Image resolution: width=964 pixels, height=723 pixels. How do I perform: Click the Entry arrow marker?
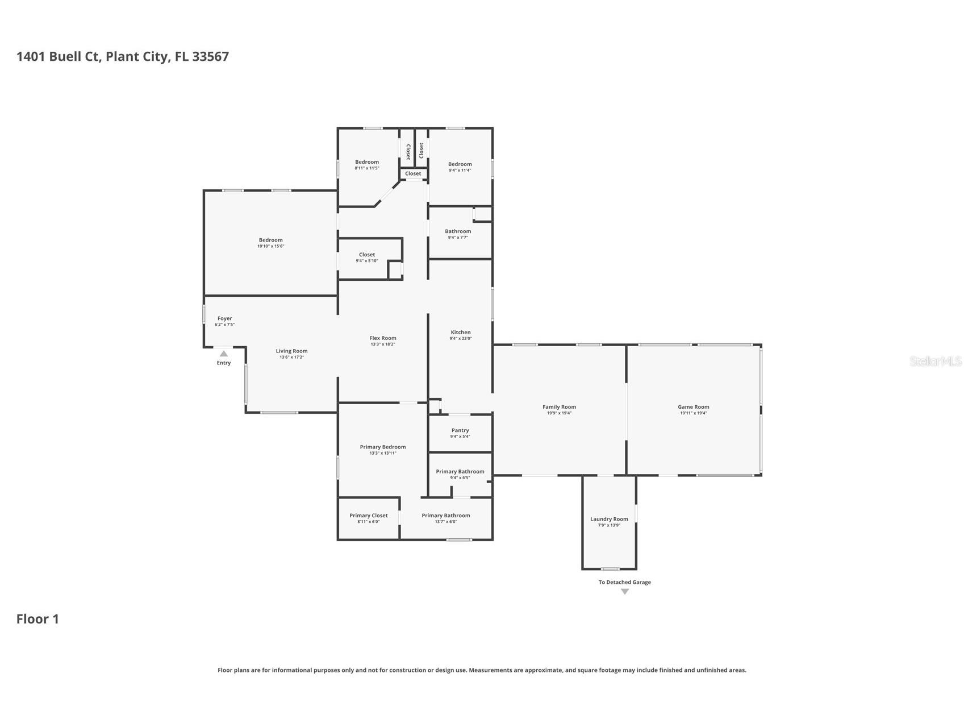(x=224, y=354)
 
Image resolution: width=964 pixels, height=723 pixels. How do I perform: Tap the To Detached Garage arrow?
(x=625, y=592)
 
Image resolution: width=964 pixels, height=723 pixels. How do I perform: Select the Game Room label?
(x=693, y=407)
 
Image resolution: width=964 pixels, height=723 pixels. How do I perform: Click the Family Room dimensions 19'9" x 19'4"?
(x=559, y=413)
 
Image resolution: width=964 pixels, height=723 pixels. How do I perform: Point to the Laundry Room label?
(x=609, y=519)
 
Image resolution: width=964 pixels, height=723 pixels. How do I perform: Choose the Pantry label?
(x=460, y=430)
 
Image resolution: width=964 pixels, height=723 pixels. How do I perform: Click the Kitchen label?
(x=461, y=332)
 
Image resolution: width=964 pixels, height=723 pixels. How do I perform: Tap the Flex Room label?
(x=383, y=338)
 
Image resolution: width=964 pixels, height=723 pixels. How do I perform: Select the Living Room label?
(x=291, y=351)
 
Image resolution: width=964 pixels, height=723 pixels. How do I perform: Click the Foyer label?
(x=224, y=318)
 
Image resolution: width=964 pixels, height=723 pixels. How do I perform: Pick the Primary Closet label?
(x=368, y=516)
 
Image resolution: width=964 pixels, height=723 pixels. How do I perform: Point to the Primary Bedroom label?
(x=383, y=447)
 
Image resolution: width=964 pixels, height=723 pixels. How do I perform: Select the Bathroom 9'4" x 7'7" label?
(x=458, y=231)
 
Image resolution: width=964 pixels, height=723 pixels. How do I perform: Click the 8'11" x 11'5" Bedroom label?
(x=367, y=162)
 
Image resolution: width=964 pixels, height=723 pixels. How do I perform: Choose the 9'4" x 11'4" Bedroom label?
(x=460, y=164)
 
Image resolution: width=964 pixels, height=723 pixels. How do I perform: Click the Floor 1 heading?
(x=37, y=619)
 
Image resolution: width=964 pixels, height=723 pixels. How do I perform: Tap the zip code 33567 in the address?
(x=210, y=56)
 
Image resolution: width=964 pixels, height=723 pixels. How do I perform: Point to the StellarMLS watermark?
(x=935, y=361)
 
